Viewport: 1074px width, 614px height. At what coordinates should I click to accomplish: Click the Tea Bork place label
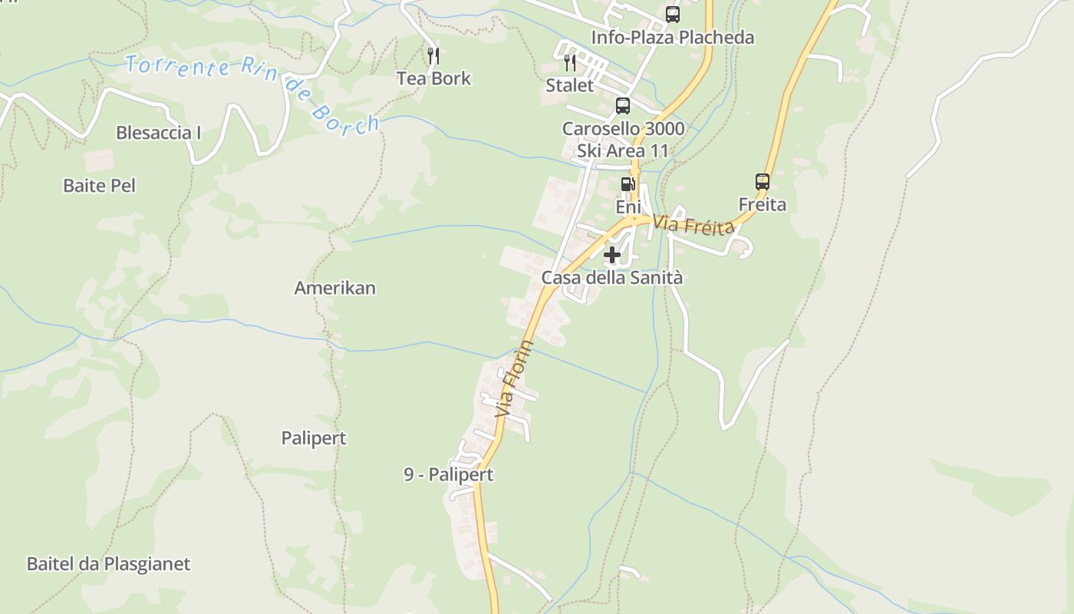point(433,78)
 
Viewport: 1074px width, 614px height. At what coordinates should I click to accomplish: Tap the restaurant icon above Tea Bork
point(433,55)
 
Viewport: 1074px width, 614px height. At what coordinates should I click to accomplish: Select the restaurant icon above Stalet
point(570,62)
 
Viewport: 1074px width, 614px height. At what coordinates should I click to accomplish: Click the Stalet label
point(570,85)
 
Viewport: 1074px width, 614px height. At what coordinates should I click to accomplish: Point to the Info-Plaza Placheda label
point(672,38)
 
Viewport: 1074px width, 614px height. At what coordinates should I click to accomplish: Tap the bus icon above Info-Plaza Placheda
point(672,15)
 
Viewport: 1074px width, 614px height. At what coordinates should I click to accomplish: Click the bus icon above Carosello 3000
point(623,106)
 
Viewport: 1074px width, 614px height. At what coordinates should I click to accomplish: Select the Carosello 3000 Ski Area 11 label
point(623,140)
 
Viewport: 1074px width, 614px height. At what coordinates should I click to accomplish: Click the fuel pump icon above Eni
point(628,184)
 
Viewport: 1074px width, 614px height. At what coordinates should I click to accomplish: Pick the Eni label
point(628,207)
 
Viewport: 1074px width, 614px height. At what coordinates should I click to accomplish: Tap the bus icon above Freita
point(762,182)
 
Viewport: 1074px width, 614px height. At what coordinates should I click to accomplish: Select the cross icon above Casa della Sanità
point(612,255)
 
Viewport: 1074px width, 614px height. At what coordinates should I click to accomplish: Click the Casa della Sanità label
point(612,278)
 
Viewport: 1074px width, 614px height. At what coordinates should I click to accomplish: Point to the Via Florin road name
point(515,380)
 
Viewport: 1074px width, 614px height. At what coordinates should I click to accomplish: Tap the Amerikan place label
point(335,288)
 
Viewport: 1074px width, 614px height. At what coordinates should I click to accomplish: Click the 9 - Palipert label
point(449,474)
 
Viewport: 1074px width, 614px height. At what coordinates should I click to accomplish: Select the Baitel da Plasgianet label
point(108,564)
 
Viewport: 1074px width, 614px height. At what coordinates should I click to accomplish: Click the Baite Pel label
point(99,185)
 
